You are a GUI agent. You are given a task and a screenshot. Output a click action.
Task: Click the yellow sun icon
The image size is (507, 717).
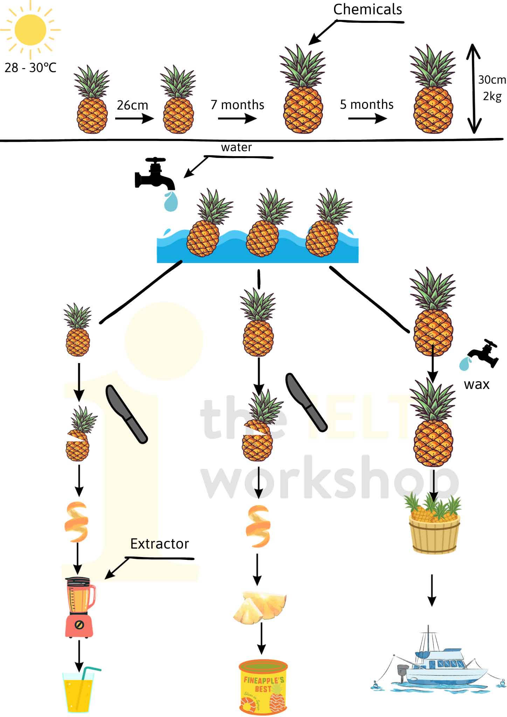click(x=30, y=29)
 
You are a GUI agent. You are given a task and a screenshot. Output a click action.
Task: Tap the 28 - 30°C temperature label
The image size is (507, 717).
click(x=30, y=68)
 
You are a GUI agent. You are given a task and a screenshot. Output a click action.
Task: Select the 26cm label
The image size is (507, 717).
click(x=132, y=105)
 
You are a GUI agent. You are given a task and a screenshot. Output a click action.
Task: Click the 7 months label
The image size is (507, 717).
click(x=237, y=105)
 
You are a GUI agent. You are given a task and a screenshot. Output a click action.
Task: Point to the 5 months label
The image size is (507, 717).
click(x=367, y=104)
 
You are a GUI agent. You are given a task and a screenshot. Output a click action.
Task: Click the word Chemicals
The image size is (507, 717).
click(x=367, y=9)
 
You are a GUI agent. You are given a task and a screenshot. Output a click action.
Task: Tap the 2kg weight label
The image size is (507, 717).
click(x=492, y=96)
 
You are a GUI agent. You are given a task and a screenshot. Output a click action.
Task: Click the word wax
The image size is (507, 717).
click(x=476, y=384)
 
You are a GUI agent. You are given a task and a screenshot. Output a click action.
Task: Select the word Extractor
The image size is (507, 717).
click(x=159, y=544)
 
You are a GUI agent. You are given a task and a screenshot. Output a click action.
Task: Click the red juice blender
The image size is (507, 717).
click(x=80, y=607)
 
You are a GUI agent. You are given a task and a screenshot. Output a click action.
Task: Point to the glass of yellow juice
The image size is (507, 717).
click(x=79, y=691)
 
